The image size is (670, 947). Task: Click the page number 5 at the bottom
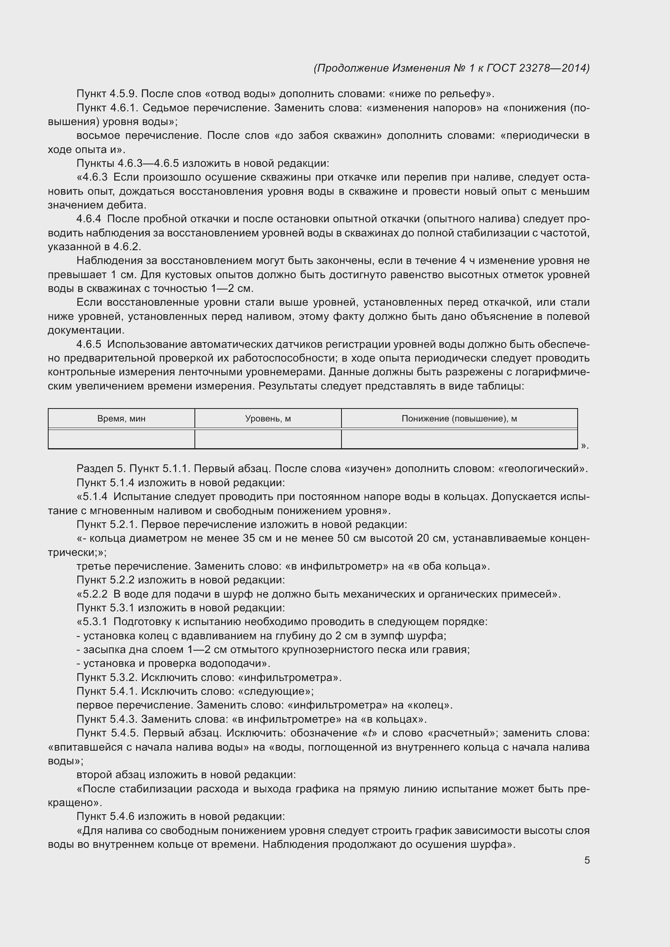click(587, 860)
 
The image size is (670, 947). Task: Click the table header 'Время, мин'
click(121, 419)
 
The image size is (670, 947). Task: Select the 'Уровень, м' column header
click(268, 419)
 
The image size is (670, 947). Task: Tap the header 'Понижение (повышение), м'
click(459, 419)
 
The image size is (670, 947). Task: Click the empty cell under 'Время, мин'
click(121, 439)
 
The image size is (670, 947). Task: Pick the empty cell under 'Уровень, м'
click(268, 439)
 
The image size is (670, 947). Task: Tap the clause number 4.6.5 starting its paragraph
click(89, 345)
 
